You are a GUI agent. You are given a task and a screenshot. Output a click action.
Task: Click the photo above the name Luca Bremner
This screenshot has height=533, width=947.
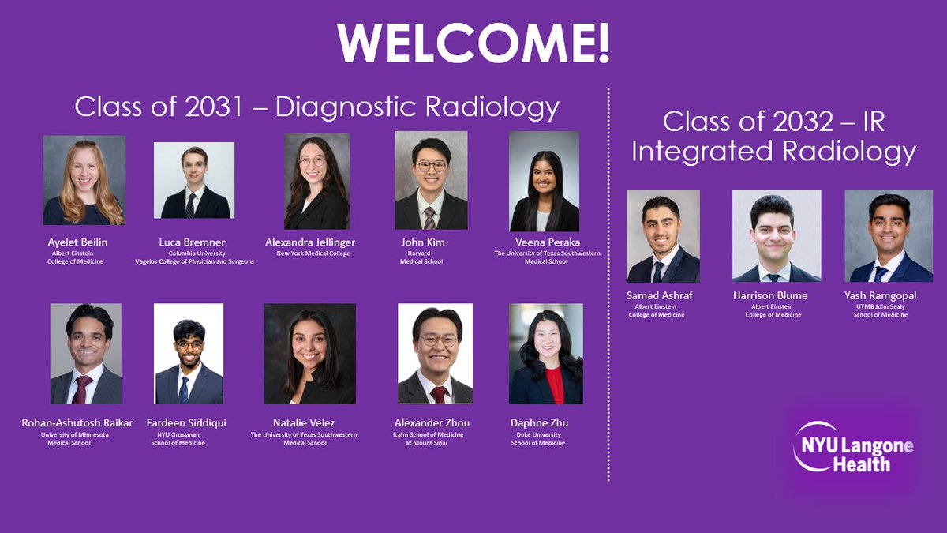pos(194,180)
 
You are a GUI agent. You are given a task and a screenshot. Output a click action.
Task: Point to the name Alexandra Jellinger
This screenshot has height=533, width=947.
pos(316,242)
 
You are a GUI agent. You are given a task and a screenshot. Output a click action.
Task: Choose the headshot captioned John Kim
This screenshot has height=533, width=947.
pos(431,180)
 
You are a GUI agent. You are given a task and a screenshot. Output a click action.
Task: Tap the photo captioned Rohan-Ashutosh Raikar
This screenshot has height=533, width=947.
pos(85,354)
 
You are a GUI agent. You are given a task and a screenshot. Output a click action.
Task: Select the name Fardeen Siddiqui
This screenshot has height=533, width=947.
pos(186,422)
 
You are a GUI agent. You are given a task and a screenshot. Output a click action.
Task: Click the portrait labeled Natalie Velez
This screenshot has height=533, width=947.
pos(309,354)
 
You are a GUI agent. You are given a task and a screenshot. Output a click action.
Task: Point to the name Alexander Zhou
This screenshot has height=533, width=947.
pos(432,422)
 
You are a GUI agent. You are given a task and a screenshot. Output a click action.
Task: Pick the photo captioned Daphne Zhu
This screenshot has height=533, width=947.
pos(546,354)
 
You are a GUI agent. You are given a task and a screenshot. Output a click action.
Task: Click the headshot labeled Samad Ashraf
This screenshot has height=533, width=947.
pos(663,236)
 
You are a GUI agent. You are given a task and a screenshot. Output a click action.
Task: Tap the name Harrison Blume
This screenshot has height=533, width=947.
pos(770,295)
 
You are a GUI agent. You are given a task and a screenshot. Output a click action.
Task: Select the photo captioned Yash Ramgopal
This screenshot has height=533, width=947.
pos(889,236)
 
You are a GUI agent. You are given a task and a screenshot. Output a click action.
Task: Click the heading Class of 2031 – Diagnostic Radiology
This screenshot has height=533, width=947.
pos(317,107)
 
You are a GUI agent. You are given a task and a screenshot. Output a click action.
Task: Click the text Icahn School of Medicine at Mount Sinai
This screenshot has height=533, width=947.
pos(431,438)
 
